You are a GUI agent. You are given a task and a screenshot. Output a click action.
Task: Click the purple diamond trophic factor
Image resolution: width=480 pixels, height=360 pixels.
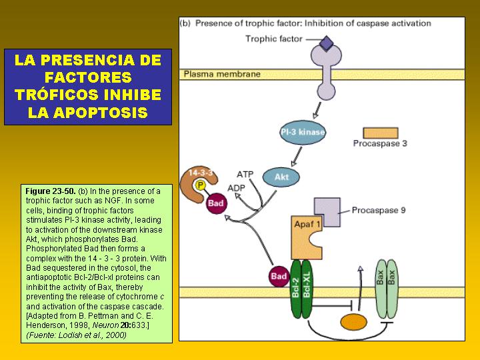tap(326, 43)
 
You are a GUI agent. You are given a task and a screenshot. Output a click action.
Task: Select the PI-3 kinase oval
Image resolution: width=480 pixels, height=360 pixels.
tap(303, 132)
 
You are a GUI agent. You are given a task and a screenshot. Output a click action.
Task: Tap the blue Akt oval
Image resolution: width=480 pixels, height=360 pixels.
tap(281, 177)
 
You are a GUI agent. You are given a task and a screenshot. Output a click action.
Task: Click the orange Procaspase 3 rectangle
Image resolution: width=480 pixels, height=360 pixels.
tap(381, 133)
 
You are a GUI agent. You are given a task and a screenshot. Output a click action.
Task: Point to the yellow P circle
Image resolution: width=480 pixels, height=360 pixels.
tap(200, 185)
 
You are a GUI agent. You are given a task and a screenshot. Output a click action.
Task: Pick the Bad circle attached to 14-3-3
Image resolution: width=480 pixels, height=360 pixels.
tap(216, 203)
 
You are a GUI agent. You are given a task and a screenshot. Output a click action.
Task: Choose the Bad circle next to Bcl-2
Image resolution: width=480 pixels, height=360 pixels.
tap(279, 276)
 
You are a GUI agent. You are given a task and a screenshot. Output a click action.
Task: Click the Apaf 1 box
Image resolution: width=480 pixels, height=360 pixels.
tap(306, 237)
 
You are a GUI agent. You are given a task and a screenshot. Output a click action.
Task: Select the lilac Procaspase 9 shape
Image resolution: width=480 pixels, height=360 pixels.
tap(327, 211)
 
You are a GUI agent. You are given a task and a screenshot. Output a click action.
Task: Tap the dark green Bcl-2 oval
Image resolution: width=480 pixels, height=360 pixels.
tap(296, 289)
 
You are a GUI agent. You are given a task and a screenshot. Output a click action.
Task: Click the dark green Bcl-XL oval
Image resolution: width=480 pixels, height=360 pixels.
tap(307, 289)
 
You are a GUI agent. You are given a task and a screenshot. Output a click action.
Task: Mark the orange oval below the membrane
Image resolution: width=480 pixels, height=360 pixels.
tap(353, 322)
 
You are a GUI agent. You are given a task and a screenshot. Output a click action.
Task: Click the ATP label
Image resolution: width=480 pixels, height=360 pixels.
tap(245, 175)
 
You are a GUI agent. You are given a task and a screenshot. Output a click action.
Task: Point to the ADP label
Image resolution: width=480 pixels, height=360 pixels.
tap(236, 188)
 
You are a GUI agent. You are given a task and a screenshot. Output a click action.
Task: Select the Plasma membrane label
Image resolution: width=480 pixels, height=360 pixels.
tap(222, 74)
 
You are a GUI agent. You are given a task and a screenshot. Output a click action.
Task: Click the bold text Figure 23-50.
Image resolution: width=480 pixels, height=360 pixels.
tap(51, 191)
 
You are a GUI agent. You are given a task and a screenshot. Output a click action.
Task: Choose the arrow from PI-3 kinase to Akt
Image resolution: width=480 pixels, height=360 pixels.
tap(296, 157)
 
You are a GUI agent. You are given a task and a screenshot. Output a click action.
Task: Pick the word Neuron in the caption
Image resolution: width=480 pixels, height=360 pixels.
tap(105, 325)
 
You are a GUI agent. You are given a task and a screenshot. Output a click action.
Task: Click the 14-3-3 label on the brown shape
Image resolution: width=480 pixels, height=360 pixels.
tap(201, 173)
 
